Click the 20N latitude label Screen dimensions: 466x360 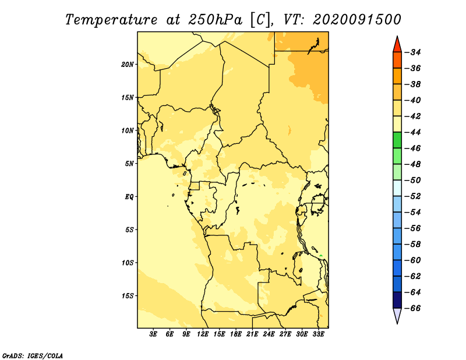coord(127,65)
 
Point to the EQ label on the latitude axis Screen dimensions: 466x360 coord(129,197)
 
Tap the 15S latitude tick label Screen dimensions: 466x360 coord(127,296)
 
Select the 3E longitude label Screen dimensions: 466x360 coord(153,334)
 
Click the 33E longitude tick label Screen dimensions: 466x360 coord(318,334)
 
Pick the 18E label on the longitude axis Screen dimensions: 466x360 coord(236,334)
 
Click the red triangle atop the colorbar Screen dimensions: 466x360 coord(397,45)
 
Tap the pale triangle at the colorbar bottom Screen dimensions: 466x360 coord(397,316)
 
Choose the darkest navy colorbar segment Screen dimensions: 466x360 coord(397,300)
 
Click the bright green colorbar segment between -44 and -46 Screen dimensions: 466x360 coord(397,140)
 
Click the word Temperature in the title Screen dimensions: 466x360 coord(111,20)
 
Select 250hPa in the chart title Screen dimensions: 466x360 coord(215,20)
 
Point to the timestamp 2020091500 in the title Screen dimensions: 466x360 coord(357,20)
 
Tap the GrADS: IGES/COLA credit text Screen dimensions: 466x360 coord(33,356)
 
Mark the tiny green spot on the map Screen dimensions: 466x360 coord(321,255)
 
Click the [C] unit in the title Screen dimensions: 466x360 coord(260,20)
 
